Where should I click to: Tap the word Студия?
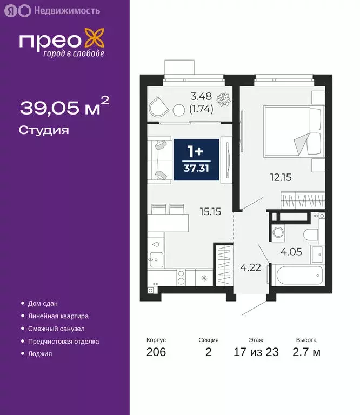pyautogui.click(x=44, y=130)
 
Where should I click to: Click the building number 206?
pyautogui.click(x=156, y=353)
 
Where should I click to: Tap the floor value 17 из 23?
pyautogui.click(x=256, y=353)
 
